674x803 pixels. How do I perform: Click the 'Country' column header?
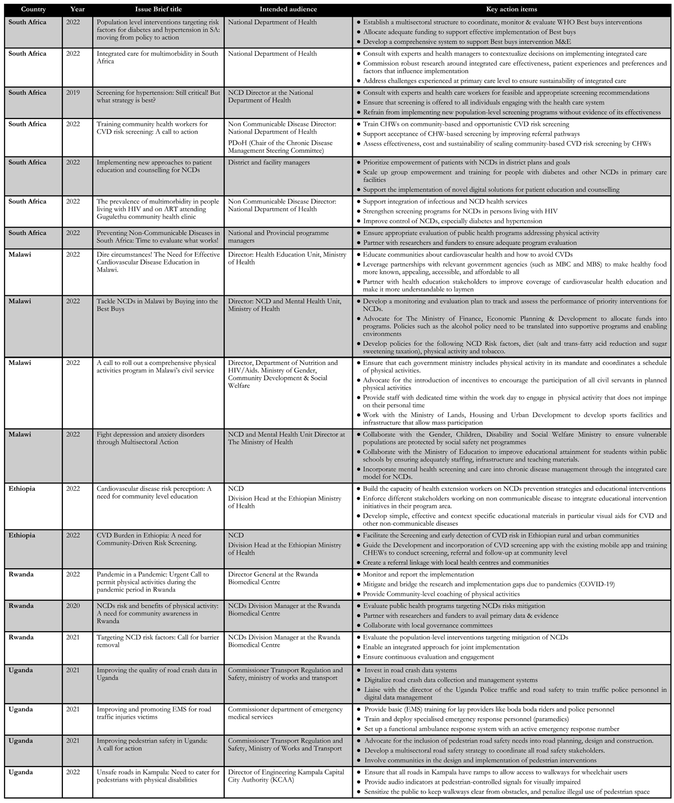point(33,10)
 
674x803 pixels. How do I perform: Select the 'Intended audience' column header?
point(288,10)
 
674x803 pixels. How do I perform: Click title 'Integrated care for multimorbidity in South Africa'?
point(157,57)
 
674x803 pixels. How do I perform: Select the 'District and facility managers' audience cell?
point(268,162)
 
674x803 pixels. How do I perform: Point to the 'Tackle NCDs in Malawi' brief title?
point(157,305)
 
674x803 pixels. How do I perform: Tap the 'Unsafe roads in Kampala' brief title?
point(158,776)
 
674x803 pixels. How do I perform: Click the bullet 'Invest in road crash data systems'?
point(410,670)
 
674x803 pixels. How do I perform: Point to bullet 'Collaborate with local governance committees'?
point(427,625)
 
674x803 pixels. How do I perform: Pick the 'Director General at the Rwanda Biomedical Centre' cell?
point(273,578)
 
